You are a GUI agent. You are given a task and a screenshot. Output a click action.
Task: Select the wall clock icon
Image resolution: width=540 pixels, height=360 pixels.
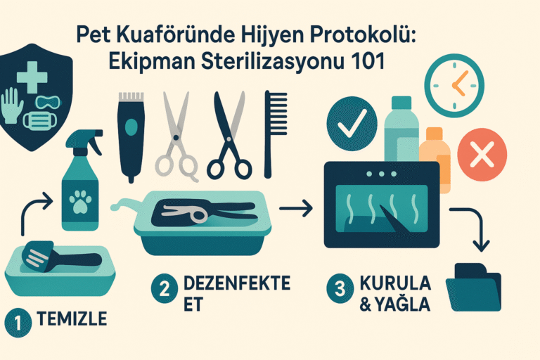point(454,86)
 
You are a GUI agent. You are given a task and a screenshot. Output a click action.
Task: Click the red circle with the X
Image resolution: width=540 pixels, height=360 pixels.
point(482,154)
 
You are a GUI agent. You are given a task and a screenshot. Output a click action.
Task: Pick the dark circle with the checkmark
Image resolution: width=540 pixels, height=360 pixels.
point(352,124)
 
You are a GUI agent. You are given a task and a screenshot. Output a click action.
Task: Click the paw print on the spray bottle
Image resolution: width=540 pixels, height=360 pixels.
point(80,202)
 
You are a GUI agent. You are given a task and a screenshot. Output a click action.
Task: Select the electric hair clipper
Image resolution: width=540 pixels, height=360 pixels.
point(131,136)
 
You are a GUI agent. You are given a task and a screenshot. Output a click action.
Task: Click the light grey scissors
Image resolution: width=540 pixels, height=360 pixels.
point(176,136)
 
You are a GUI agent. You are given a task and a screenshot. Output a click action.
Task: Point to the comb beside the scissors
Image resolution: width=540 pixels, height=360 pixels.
point(275,134)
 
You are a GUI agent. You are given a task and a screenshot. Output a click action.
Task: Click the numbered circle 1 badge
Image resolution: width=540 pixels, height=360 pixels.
point(18,323)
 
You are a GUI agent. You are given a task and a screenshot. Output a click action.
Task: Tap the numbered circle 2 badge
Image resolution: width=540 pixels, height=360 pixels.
point(165,288)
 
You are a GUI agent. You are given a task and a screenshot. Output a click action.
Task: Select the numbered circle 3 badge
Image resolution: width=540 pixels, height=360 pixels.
point(340,288)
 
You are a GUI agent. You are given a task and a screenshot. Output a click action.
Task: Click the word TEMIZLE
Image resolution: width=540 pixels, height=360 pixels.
point(72,319)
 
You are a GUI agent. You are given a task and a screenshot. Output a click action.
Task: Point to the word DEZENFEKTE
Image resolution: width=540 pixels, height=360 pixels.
point(237,283)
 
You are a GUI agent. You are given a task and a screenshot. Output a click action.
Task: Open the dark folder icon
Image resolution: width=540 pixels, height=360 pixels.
point(473,288)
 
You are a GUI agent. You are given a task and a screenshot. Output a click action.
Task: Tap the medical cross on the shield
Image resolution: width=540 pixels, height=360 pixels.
point(32,77)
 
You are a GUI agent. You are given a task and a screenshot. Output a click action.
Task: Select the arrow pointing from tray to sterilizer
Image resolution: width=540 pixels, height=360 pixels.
point(296,208)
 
